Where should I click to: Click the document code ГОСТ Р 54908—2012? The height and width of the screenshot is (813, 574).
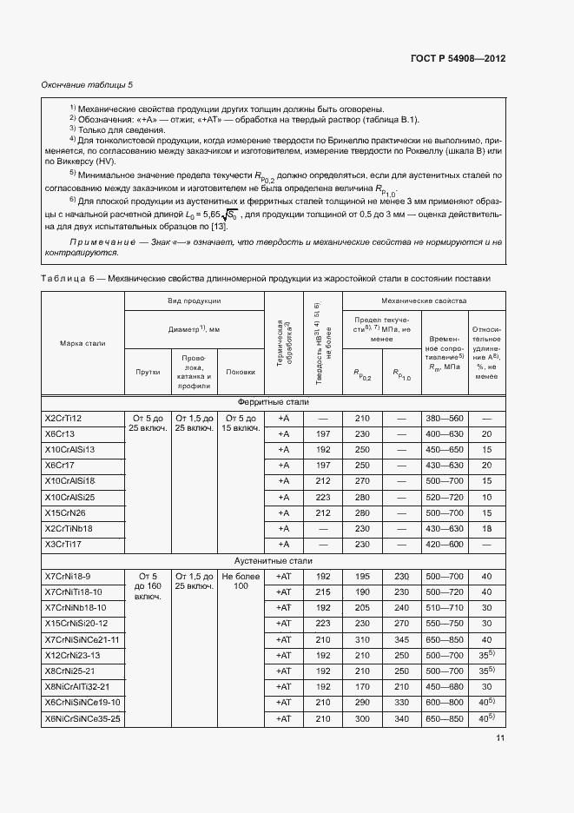point(457,58)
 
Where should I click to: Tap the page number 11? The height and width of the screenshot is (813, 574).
point(500,738)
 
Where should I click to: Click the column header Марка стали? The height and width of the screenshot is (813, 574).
point(83,344)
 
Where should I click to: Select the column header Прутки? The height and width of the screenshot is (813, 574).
point(148,372)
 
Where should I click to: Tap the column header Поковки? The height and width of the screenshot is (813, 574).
point(240,372)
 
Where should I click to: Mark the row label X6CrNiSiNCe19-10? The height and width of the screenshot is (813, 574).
point(82,702)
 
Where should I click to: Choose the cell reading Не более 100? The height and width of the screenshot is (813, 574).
point(240,582)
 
